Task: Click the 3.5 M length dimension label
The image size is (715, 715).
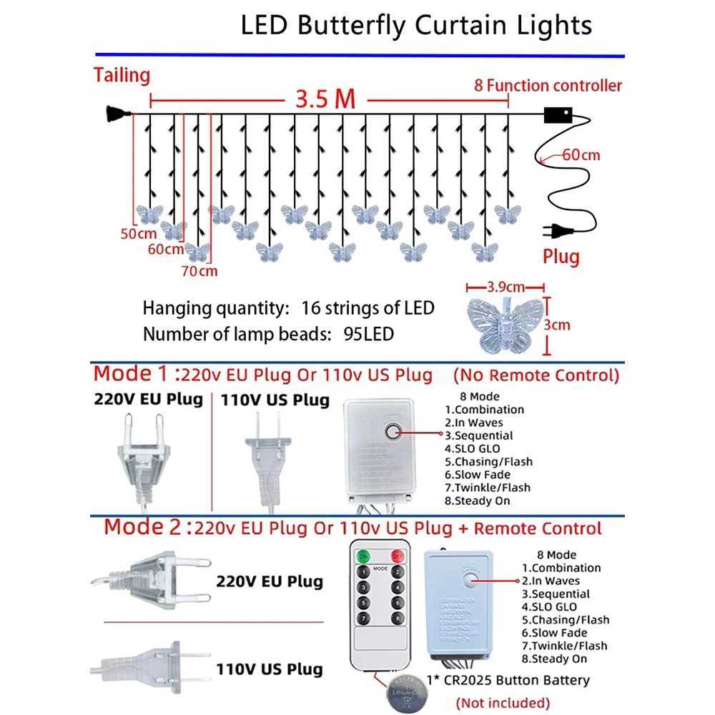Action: pyautogui.click(x=325, y=99)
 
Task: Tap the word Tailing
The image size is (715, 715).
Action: pyautogui.click(x=122, y=75)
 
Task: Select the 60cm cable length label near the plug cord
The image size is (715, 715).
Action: pyautogui.click(x=581, y=154)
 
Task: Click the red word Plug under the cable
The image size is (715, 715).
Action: pyautogui.click(x=561, y=256)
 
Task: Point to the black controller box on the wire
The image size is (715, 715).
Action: pyautogui.click(x=559, y=115)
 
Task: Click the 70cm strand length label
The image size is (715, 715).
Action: pyautogui.click(x=199, y=270)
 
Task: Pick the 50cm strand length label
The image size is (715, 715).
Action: pyautogui.click(x=138, y=234)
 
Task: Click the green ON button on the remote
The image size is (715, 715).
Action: pyautogui.click(x=364, y=556)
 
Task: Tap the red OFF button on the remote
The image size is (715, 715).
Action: pyautogui.click(x=397, y=556)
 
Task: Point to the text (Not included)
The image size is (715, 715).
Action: pyautogui.click(x=503, y=703)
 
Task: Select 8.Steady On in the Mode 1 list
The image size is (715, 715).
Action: pyautogui.click(x=478, y=500)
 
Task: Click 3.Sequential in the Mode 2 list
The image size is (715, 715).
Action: pyautogui.click(x=556, y=593)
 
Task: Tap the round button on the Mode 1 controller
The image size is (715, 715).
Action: pyautogui.click(x=392, y=431)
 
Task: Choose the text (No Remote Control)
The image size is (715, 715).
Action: pyautogui.click(x=536, y=375)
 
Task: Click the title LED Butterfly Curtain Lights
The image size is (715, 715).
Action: pyautogui.click(x=416, y=26)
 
